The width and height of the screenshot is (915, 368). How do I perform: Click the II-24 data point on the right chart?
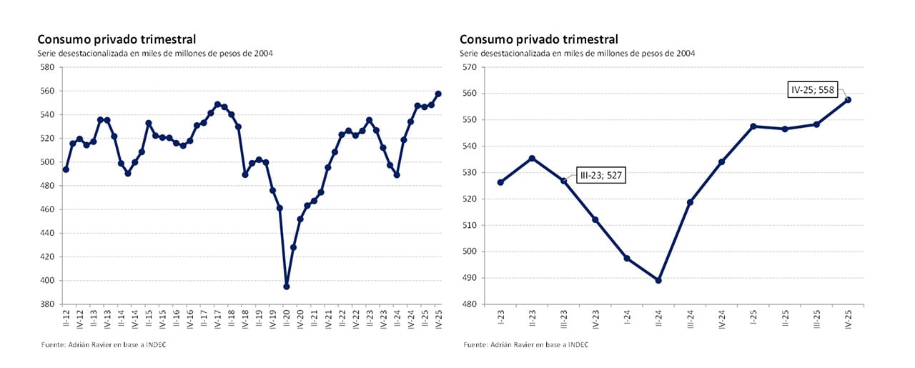point(658,280)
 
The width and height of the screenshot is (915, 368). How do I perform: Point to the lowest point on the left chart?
point(287,287)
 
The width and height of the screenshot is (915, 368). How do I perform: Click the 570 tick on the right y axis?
point(469,67)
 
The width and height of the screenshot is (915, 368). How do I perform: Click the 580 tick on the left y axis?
point(48,67)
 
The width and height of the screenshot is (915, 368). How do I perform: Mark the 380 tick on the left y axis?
point(48,304)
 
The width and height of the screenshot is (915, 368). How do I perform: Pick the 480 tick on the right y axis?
point(469,304)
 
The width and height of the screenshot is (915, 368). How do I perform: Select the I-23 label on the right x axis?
point(500,318)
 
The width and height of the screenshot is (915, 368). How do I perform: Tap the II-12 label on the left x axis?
point(66,318)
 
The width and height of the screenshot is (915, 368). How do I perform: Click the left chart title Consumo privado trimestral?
point(117,39)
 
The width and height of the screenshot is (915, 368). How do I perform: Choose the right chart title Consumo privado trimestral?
point(538,39)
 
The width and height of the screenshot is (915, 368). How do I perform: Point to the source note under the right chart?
point(527,345)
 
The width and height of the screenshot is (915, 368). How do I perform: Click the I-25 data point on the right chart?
point(753,126)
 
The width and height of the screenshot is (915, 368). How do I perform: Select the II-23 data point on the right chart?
point(532,158)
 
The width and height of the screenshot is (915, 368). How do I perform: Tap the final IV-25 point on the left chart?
point(438,94)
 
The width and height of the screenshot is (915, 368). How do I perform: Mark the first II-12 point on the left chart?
point(66,169)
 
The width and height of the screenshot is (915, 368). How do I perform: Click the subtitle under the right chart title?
point(577,54)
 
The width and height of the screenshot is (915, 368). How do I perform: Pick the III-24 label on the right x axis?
point(690,318)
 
